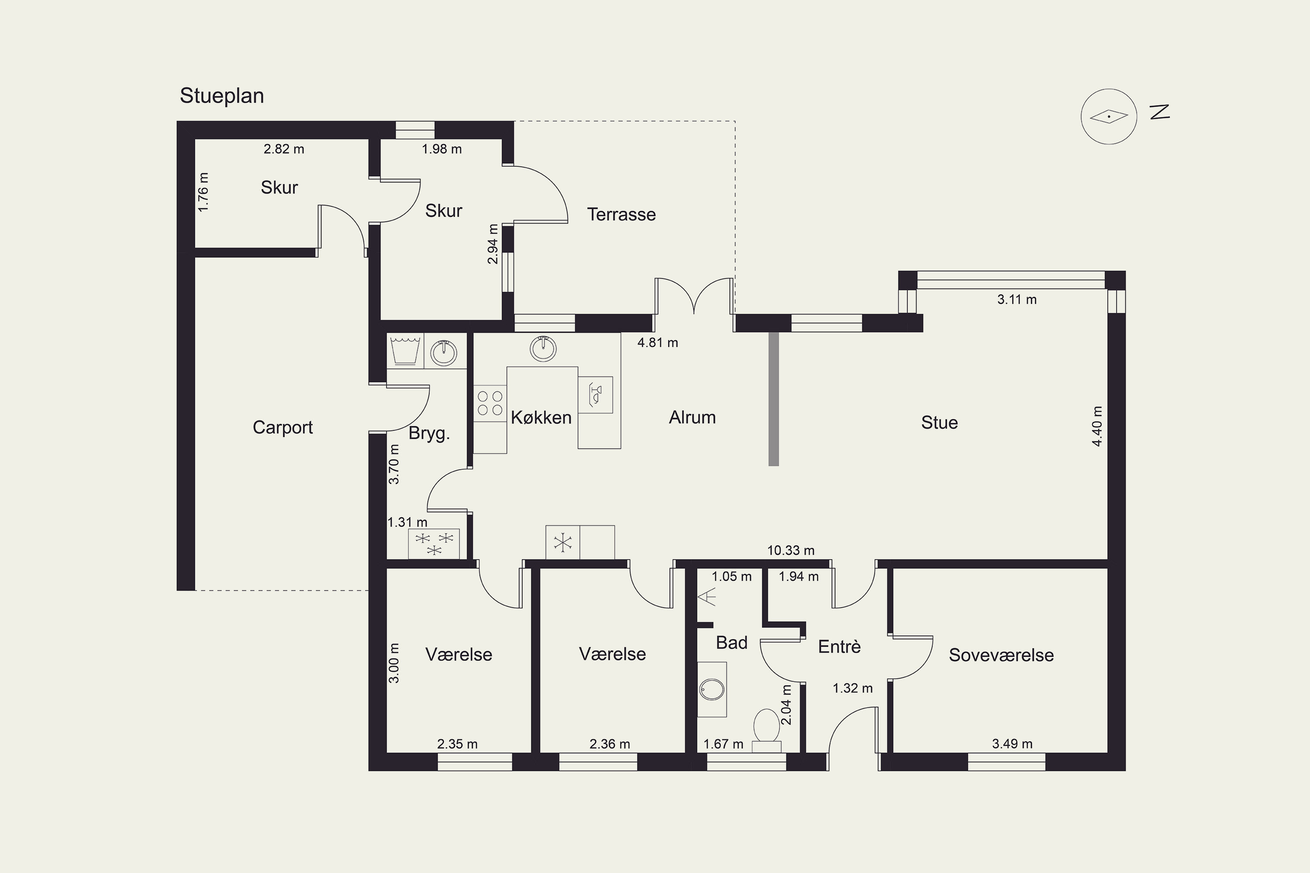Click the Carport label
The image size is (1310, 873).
[x=283, y=428]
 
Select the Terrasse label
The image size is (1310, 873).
[x=621, y=214]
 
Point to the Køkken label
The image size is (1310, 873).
[x=541, y=418]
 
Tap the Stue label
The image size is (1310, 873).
[x=940, y=423]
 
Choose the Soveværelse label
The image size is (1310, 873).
[x=1001, y=655]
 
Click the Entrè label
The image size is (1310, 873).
[x=839, y=646]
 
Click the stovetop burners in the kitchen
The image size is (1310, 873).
[x=490, y=403]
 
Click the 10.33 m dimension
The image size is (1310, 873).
[x=791, y=550]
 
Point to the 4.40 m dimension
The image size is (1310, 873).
[x=1096, y=426]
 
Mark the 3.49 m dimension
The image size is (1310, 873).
[x=1012, y=744]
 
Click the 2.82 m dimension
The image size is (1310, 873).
[x=284, y=149]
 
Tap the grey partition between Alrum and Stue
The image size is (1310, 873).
[x=773, y=399]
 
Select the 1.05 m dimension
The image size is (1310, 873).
[x=732, y=577]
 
